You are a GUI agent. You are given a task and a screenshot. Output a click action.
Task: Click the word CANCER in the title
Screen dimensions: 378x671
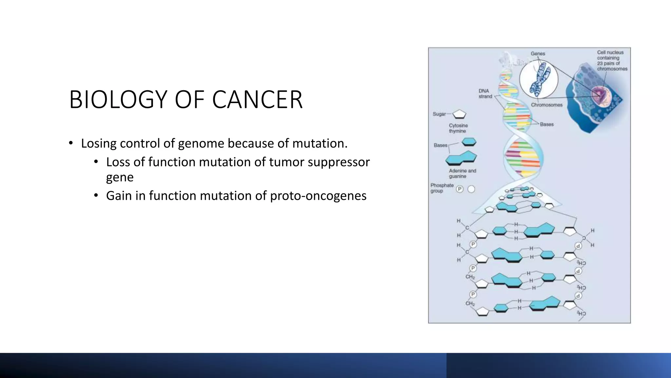(257, 99)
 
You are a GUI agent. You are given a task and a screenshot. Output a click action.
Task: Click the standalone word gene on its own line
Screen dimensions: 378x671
(120, 177)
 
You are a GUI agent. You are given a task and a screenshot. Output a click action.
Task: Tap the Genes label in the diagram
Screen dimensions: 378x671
(538, 53)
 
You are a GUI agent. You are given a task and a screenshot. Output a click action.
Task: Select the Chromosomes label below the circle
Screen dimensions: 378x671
(546, 105)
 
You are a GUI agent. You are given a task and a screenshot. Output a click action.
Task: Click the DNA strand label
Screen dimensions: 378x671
(485, 94)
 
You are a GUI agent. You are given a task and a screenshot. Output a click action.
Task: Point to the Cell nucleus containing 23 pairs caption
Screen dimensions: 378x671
(612, 61)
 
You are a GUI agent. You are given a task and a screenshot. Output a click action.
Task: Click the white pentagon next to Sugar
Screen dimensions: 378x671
(459, 114)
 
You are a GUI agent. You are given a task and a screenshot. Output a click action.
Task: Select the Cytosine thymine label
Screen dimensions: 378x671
(458, 128)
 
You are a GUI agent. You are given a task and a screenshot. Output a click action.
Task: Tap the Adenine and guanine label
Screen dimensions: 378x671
(462, 174)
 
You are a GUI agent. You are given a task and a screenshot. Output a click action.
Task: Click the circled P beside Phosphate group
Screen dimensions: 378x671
(460, 189)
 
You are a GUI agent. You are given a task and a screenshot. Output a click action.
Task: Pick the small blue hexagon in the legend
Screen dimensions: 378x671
(469, 142)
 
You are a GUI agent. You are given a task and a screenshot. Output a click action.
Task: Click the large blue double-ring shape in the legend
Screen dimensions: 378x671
(461, 158)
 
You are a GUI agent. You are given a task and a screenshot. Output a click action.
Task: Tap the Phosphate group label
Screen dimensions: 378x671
(442, 188)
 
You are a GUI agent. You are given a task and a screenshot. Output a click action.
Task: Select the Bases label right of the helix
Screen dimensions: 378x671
(546, 124)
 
